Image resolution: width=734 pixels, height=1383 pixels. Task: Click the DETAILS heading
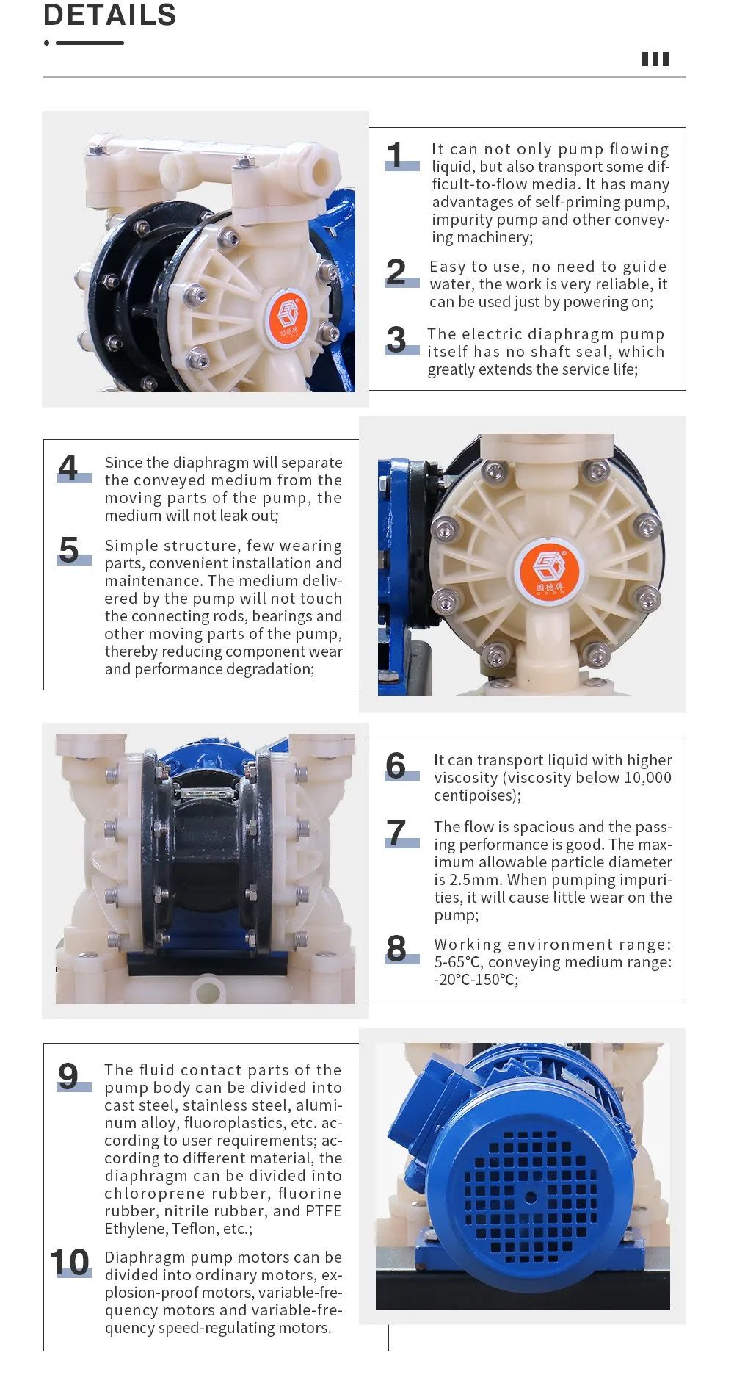tap(110, 15)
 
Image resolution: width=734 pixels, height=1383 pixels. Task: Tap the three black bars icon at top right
tap(655, 59)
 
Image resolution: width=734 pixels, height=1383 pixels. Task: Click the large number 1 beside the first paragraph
tap(396, 156)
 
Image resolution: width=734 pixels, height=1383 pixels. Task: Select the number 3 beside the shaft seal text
tap(396, 340)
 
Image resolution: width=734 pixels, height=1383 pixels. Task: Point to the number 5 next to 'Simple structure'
tap(69, 550)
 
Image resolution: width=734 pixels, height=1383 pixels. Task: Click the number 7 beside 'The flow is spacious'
tap(396, 833)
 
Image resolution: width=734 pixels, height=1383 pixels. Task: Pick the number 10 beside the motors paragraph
tap(70, 1263)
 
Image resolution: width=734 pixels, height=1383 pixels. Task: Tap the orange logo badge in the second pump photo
tap(550, 570)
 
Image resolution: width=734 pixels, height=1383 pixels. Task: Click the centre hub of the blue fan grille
tap(530, 1198)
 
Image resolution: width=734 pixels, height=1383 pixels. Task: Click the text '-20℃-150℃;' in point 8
tap(476, 980)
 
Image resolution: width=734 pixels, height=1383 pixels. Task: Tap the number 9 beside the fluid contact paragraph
tap(68, 1077)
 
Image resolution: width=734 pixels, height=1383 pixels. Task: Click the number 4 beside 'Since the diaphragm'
tap(68, 468)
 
